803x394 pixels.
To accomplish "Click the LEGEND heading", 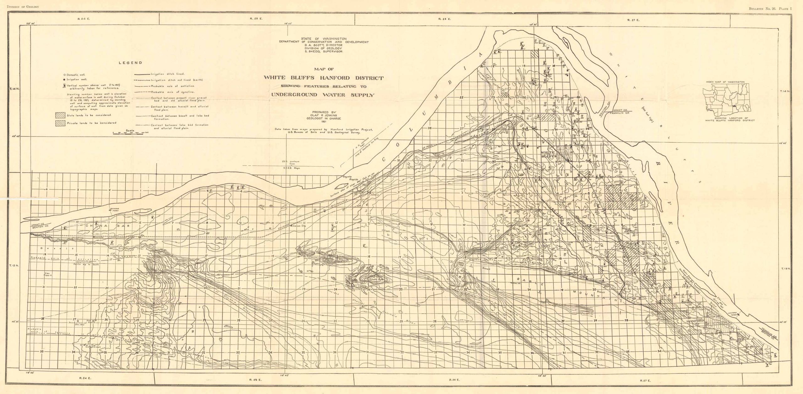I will coord(130,63).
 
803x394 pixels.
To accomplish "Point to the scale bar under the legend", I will coord(130,133).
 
